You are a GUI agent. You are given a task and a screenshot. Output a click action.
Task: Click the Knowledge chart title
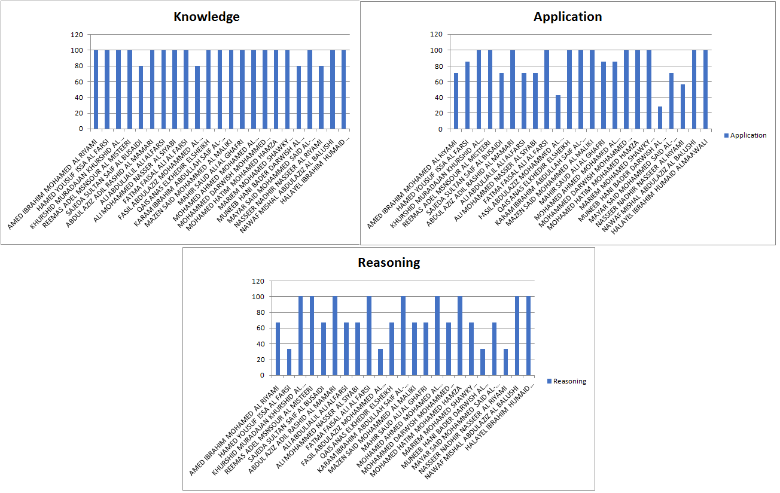[x=206, y=17]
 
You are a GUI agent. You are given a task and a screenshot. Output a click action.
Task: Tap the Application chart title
[x=568, y=17]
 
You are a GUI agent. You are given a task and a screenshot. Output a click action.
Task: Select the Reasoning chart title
[x=389, y=262]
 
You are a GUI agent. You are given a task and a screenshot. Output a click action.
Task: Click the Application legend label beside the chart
[x=748, y=135]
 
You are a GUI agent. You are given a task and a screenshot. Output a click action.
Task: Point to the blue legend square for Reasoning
[x=549, y=381]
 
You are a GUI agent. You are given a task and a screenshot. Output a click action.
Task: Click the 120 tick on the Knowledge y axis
[x=77, y=35]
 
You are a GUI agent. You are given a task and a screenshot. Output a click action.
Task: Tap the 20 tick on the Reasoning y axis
[x=258, y=360]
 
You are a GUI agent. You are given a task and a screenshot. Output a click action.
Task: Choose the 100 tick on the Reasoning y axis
[x=257, y=297]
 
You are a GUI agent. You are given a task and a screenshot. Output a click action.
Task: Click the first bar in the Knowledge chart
[x=96, y=89]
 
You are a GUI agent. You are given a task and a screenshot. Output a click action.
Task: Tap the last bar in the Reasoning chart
[x=529, y=336]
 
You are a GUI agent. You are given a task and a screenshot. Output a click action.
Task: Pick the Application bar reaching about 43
[x=558, y=112]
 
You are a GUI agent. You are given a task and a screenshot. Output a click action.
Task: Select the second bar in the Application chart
[x=467, y=95]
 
